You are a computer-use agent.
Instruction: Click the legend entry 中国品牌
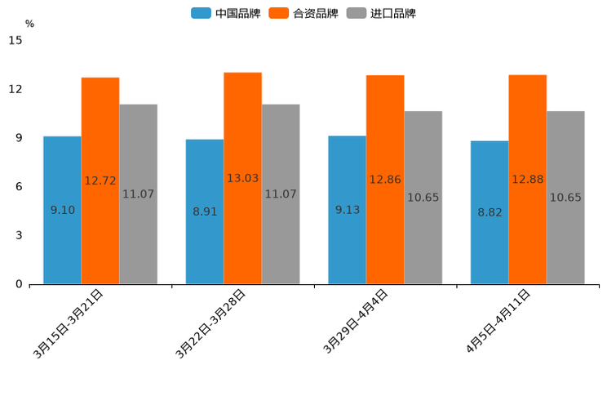225,13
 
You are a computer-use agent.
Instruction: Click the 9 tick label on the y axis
18,138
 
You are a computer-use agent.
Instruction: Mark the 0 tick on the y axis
18,284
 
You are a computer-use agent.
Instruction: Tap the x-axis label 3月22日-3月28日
210,323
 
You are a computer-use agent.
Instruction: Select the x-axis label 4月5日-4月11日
498,321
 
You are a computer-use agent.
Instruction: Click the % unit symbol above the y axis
29,24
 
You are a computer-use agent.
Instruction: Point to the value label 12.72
100,180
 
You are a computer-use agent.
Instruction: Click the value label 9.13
348,210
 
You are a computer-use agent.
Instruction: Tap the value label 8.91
205,211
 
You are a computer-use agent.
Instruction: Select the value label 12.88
528,179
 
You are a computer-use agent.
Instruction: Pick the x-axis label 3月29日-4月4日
356,321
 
